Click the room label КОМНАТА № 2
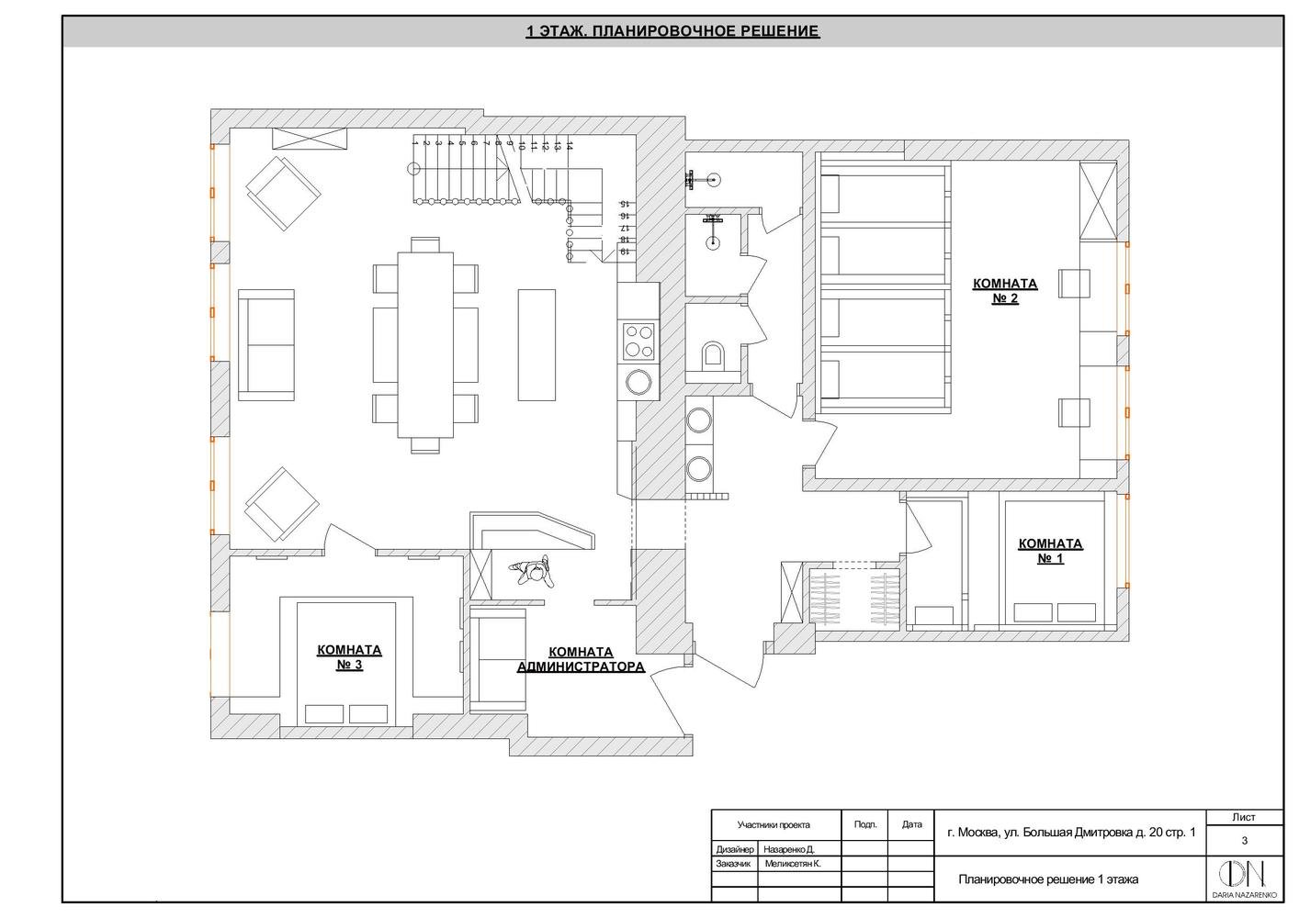(1005, 291)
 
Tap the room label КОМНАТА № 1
(1050, 551)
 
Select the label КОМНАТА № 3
(349, 657)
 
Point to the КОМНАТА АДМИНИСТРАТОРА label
(581, 660)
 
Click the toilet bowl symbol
(713, 354)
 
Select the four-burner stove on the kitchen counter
(638, 341)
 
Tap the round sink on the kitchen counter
(638, 382)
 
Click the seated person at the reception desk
(534, 572)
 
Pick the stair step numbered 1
(415, 144)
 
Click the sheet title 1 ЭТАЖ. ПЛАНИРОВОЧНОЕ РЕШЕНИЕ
(672, 32)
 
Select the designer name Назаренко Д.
(789, 850)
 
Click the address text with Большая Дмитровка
(1071, 834)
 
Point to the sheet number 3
(1244, 840)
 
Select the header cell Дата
(911, 824)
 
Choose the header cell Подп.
(865, 824)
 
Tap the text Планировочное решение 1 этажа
(1048, 879)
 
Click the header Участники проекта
(774, 824)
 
